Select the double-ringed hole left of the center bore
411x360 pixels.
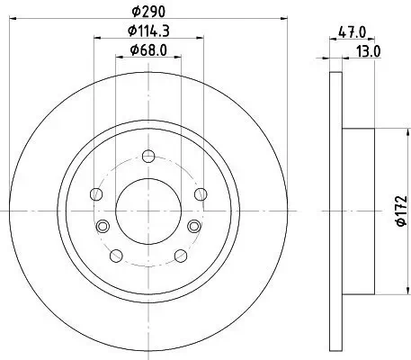point(103,224)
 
